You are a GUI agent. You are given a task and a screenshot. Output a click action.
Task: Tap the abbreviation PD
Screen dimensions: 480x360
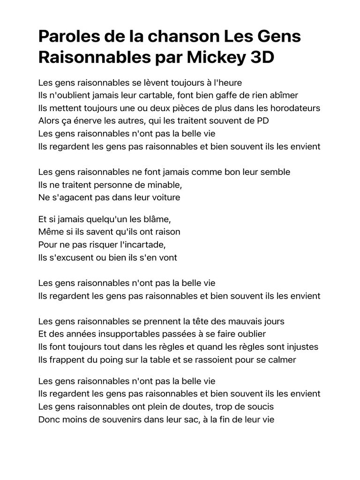pos(263,120)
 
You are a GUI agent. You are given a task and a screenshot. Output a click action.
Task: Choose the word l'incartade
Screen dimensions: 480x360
pos(141,245)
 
